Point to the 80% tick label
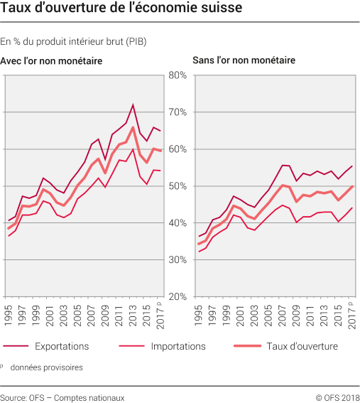pyautogui.click(x=177, y=75)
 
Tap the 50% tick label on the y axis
pyautogui.click(x=177, y=186)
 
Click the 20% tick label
pyautogui.click(x=177, y=296)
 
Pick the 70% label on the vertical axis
pyautogui.click(x=177, y=112)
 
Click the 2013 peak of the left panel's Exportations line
pyautogui.click(x=133, y=104)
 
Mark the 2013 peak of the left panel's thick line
pyautogui.click(x=133, y=127)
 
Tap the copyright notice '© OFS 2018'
pyautogui.click(x=334, y=397)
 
